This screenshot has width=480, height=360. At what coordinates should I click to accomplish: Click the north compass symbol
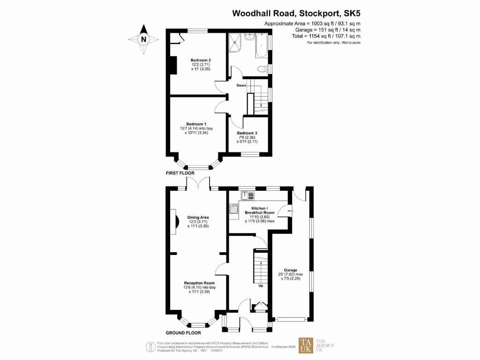click(x=144, y=39)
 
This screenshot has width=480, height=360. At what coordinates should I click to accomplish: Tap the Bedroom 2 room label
click(x=200, y=60)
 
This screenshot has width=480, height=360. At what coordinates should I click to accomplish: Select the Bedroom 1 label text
click(x=196, y=124)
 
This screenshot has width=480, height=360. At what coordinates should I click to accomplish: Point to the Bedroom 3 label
click(x=247, y=133)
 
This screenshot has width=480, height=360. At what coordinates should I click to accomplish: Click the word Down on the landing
click(x=241, y=85)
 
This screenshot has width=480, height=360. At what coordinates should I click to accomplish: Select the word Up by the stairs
click(x=261, y=285)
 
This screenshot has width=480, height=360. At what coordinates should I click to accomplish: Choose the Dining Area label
click(x=198, y=217)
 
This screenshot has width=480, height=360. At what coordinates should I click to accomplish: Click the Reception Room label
click(x=199, y=283)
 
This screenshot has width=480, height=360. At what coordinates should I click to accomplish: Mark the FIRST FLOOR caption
click(x=180, y=173)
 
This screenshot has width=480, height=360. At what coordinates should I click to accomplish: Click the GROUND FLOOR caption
click(x=183, y=333)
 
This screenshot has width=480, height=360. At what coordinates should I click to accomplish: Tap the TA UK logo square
click(x=306, y=345)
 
